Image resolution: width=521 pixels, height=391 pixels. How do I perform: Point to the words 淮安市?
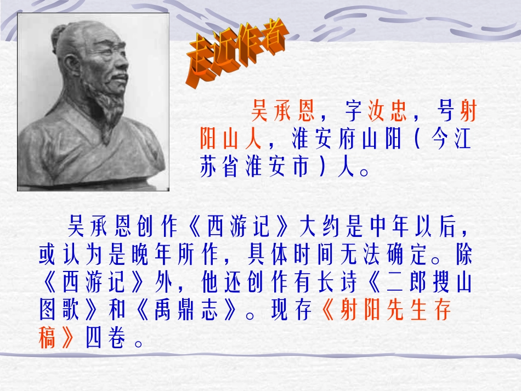272,167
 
